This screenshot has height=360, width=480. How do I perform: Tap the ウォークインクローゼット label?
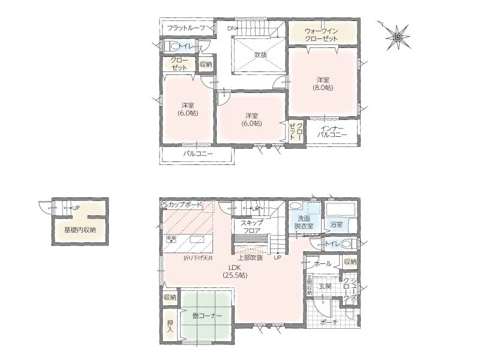click(x=321, y=35)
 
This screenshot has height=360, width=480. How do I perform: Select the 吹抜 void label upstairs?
click(x=261, y=55)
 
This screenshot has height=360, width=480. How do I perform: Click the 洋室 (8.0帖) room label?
click(x=323, y=83)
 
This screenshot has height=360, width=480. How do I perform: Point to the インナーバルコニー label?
click(x=332, y=131)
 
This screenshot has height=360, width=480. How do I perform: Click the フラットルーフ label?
click(x=186, y=28)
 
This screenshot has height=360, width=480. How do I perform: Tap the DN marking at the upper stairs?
click(x=231, y=28)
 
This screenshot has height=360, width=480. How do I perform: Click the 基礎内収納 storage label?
click(x=80, y=230)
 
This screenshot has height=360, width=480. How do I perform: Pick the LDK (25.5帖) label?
click(x=235, y=271)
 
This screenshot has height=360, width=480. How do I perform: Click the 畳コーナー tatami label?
click(x=207, y=316)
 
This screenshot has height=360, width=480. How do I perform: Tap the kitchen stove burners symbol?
click(x=171, y=239)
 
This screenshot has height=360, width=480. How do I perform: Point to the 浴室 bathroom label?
click(x=336, y=224)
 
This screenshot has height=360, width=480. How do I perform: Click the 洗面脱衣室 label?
click(x=304, y=222)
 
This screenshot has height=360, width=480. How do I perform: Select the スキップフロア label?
click(x=251, y=227)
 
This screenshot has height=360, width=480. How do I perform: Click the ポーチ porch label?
click(x=329, y=322)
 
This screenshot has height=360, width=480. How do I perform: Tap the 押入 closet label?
click(x=170, y=326)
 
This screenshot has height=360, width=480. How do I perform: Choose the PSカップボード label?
click(x=181, y=205)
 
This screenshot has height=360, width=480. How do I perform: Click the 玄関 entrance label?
click(x=325, y=287)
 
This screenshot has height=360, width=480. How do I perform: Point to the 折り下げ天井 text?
click(x=198, y=258)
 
